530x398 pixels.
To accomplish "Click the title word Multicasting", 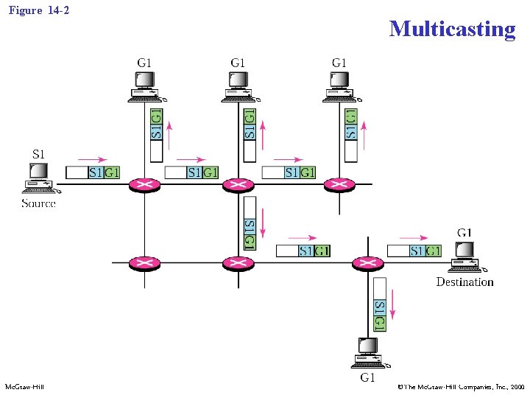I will [x=452, y=29].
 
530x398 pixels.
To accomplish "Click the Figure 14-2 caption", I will [x=39, y=10].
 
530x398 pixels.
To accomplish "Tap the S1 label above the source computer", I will [x=39, y=154].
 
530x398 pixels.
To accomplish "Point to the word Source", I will [x=38, y=203].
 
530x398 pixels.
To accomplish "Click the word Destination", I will [x=464, y=282].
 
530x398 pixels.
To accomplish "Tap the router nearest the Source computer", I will [x=144, y=185].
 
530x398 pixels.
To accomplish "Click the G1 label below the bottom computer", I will [x=368, y=379].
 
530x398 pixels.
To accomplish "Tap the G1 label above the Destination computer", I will [x=464, y=233].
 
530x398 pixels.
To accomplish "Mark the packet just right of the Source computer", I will [x=93, y=172].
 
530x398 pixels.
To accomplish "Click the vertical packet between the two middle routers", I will [x=250, y=223].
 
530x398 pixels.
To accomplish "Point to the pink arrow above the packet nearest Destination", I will [x=412, y=237].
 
